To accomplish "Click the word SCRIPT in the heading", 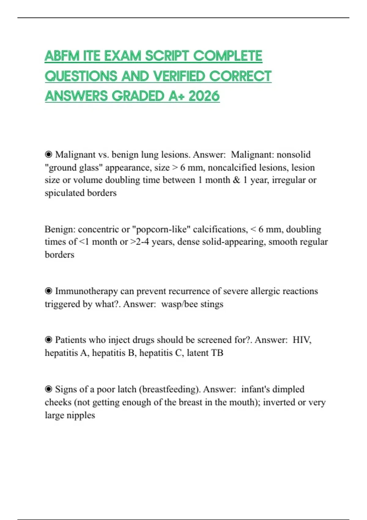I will (x=167, y=56).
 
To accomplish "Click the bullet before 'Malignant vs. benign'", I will (x=49, y=154).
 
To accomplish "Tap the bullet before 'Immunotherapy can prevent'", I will (x=49, y=291).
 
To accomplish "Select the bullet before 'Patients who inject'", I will (x=49, y=340).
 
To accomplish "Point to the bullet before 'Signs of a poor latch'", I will (x=49, y=389).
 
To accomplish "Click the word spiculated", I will (x=65, y=193).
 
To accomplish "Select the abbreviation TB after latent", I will (x=217, y=353).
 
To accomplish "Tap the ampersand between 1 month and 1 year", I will (x=236, y=180).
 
